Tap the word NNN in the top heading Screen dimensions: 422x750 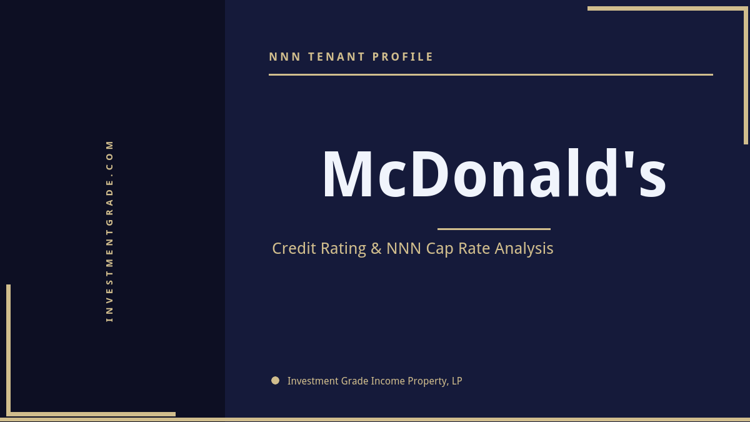[285, 57]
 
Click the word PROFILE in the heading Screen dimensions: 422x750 [403, 57]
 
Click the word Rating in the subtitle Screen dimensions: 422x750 [343, 249]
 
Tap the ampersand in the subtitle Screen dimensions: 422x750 [376, 249]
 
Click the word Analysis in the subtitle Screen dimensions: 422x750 [524, 248]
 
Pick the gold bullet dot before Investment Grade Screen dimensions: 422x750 [275, 380]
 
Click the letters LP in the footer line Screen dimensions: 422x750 [457, 381]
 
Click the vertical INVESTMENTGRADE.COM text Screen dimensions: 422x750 [109, 231]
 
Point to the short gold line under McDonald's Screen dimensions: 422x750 [494, 229]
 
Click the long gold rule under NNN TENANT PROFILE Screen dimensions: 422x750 [491, 74]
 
